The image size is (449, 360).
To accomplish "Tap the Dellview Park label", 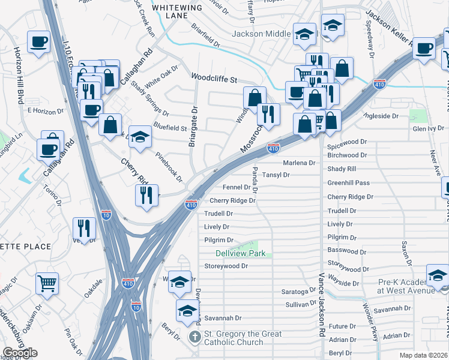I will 241,254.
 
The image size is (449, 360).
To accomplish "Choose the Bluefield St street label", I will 170,128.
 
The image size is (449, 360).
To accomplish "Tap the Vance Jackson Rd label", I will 322,303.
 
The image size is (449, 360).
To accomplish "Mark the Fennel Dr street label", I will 237,188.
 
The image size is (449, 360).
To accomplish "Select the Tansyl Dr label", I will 276,175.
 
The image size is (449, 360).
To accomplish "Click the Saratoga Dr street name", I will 298,292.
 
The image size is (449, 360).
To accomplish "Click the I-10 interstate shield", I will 106,214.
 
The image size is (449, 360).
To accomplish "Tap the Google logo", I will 20,353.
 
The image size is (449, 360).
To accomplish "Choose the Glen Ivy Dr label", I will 429,128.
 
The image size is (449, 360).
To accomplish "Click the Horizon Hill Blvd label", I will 19,75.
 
